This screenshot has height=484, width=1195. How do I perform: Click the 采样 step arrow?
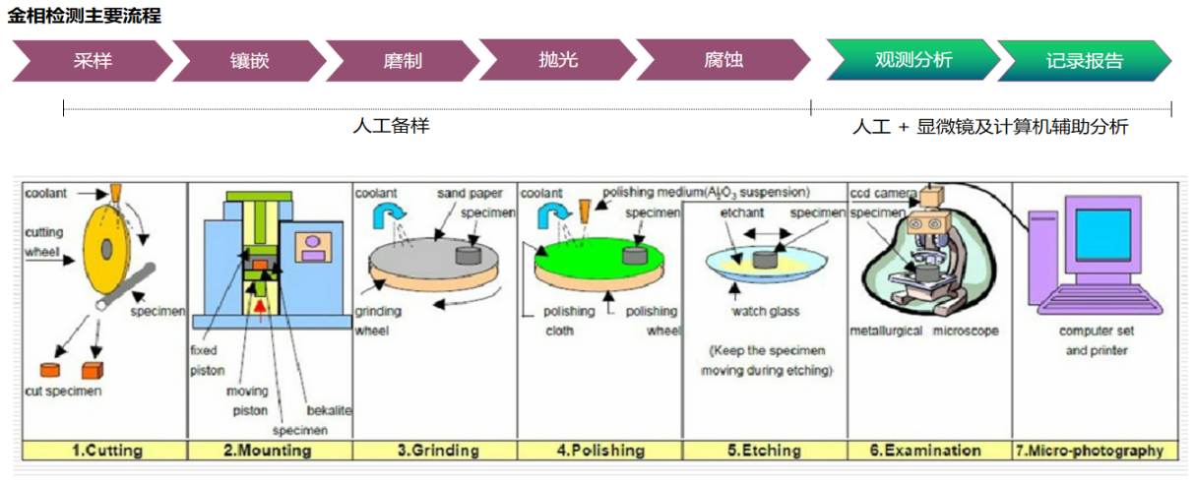(x=93, y=60)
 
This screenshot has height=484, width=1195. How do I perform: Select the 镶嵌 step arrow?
(x=249, y=60)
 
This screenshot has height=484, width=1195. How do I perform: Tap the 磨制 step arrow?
(x=403, y=60)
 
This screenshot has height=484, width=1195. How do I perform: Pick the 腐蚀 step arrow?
(x=723, y=60)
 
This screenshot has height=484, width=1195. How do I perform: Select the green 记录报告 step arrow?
(x=1084, y=60)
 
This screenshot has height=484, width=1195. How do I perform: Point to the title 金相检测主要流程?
(x=85, y=16)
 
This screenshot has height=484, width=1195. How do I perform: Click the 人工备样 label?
(x=391, y=126)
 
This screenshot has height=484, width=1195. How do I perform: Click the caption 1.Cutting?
(x=106, y=451)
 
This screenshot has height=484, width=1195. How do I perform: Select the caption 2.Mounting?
(x=267, y=451)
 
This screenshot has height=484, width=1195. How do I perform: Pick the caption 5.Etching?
(x=764, y=451)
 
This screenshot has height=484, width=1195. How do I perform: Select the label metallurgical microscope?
(x=924, y=331)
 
